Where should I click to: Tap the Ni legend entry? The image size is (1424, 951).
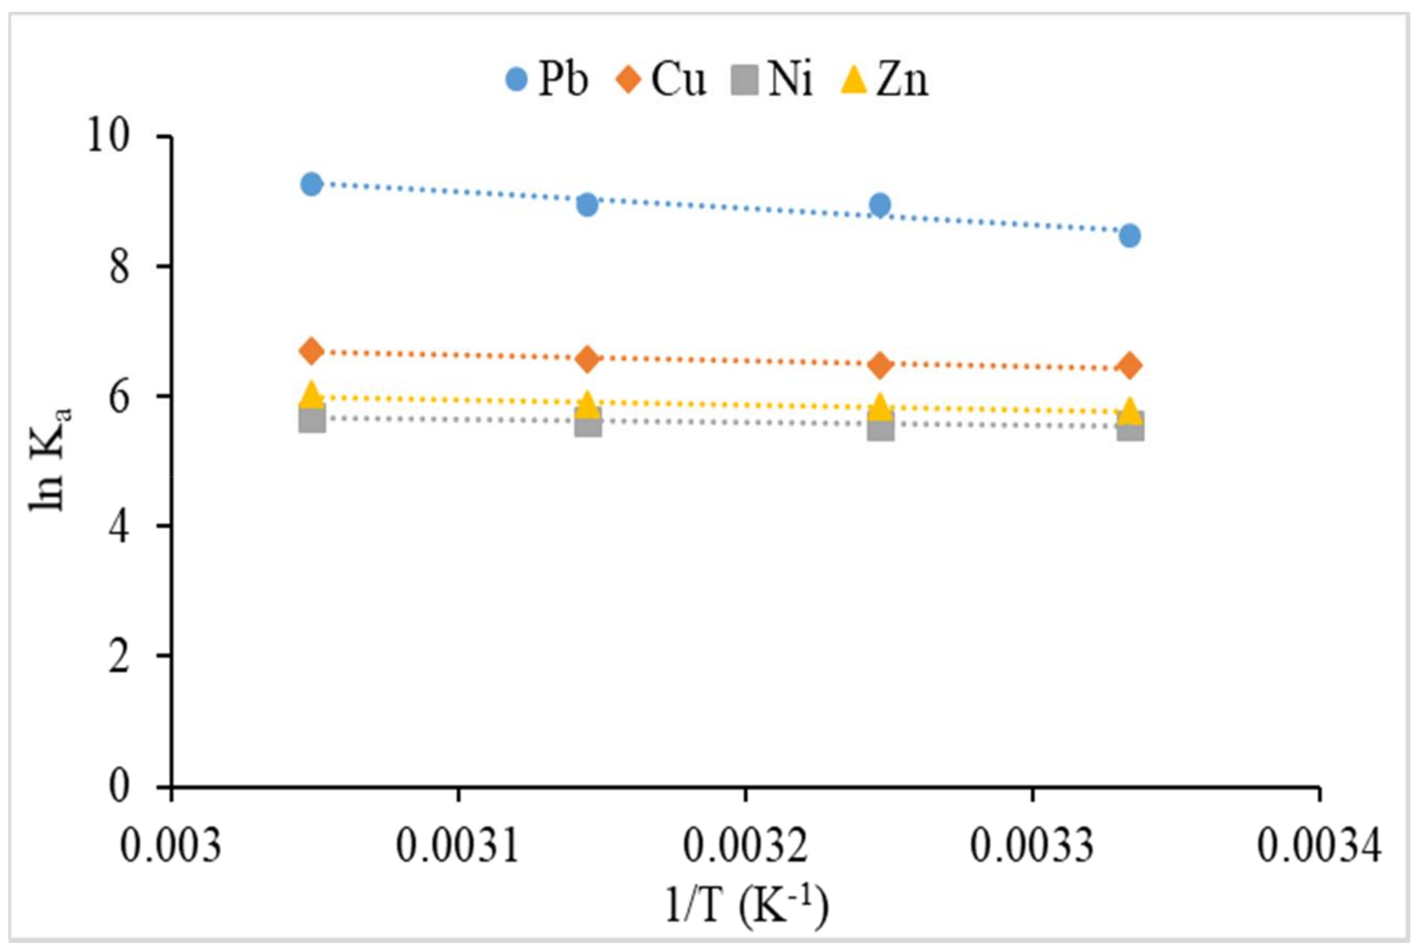pos(774,79)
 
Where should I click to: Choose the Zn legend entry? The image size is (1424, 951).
pos(885,79)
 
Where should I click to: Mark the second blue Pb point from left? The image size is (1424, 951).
pos(587,205)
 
